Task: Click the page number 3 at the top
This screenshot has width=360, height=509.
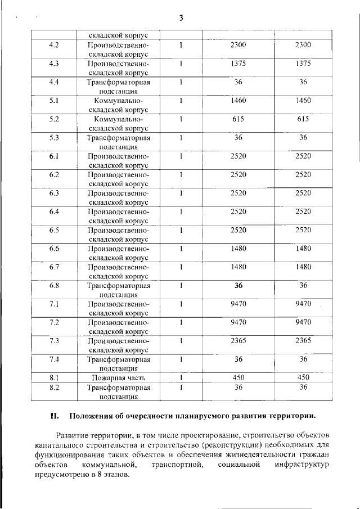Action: coord(181,17)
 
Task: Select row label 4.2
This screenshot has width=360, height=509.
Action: coord(55,45)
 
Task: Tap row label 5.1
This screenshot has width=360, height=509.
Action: coord(55,101)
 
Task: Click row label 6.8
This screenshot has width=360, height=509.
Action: coord(55,286)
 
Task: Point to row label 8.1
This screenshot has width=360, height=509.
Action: coord(55,378)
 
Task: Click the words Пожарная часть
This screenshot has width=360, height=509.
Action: coord(118,378)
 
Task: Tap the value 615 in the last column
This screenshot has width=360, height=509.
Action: coord(303,119)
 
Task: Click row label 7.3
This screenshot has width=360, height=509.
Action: coord(55,341)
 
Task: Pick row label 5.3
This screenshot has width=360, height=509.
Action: coord(55,138)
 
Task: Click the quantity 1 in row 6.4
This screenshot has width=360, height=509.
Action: coord(181,212)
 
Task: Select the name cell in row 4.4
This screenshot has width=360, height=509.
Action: coord(118,86)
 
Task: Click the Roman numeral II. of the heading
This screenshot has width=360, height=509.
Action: coord(55,416)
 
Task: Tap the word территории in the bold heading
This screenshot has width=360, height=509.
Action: coord(287,416)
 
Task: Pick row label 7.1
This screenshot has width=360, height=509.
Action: coord(55,304)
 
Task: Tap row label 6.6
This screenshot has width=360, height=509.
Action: coord(55,249)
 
